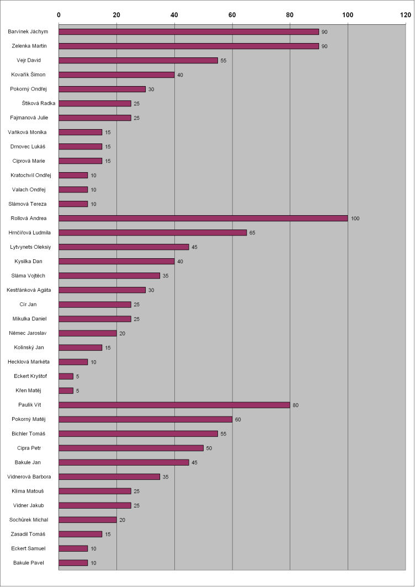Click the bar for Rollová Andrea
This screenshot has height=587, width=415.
(203, 218)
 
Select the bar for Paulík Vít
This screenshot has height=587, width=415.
(174, 405)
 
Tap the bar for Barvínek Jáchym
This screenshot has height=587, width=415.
(189, 31)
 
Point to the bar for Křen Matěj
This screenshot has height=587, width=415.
(66, 391)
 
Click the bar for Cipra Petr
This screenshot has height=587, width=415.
(131, 448)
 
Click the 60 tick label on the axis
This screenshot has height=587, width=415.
(232, 15)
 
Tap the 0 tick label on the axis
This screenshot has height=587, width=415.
(59, 15)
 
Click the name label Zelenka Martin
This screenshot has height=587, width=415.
(30, 46)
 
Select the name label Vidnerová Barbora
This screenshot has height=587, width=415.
(29, 477)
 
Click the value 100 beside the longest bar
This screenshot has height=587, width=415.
(355, 218)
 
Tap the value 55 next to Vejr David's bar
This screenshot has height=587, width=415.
(224, 61)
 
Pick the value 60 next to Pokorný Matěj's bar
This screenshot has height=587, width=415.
(238, 420)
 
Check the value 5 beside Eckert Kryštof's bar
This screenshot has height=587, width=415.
(77, 377)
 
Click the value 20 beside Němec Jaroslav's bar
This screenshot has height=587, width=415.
(123, 334)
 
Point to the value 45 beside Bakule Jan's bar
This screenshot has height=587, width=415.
(194, 463)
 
